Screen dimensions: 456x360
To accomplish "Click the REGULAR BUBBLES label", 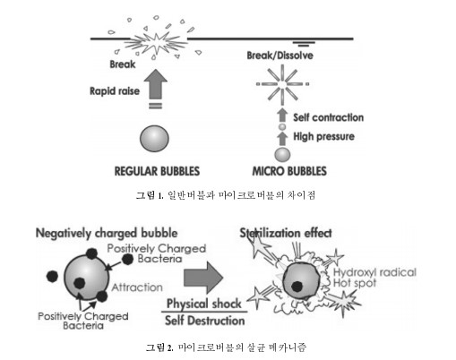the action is tap(157, 171).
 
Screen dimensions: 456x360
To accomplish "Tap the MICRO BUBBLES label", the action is tap(289, 171).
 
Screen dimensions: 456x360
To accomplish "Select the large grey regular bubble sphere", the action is tap(154, 139).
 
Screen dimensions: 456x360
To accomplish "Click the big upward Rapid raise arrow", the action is tap(155, 84).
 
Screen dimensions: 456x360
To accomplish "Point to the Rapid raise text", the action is tap(115, 91).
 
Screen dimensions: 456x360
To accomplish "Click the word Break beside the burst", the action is tap(123, 64).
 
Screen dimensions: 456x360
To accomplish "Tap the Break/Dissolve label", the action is tap(280, 56).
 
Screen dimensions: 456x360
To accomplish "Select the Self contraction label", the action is tap(329, 117).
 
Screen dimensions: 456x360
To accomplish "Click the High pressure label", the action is tap(324, 136).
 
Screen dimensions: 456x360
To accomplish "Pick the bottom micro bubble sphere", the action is tap(282, 155).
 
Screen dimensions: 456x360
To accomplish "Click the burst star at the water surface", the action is tap(156, 43).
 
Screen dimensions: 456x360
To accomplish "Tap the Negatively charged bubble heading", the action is tap(107, 233).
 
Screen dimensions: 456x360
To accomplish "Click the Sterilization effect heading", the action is tap(286, 233).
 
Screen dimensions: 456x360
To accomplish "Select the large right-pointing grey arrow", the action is tap(203, 278).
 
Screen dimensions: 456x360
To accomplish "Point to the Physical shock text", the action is tap(204, 304).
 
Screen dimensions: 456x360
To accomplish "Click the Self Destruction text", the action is tap(205, 321).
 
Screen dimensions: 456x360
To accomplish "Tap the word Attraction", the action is tap(137, 287).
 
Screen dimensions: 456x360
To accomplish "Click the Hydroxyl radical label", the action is tap(374, 272).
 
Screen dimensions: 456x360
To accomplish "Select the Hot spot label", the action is tap(355, 283).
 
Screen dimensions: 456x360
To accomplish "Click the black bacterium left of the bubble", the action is tap(52, 277).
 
